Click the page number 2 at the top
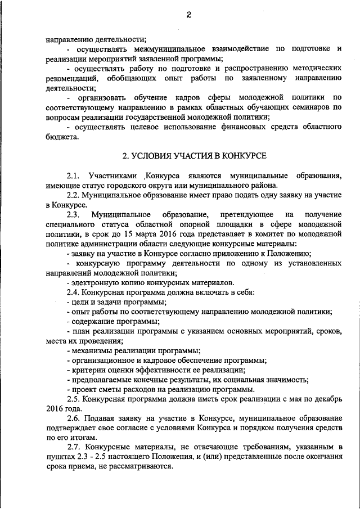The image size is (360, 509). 189,16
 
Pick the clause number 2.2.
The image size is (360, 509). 73,195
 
